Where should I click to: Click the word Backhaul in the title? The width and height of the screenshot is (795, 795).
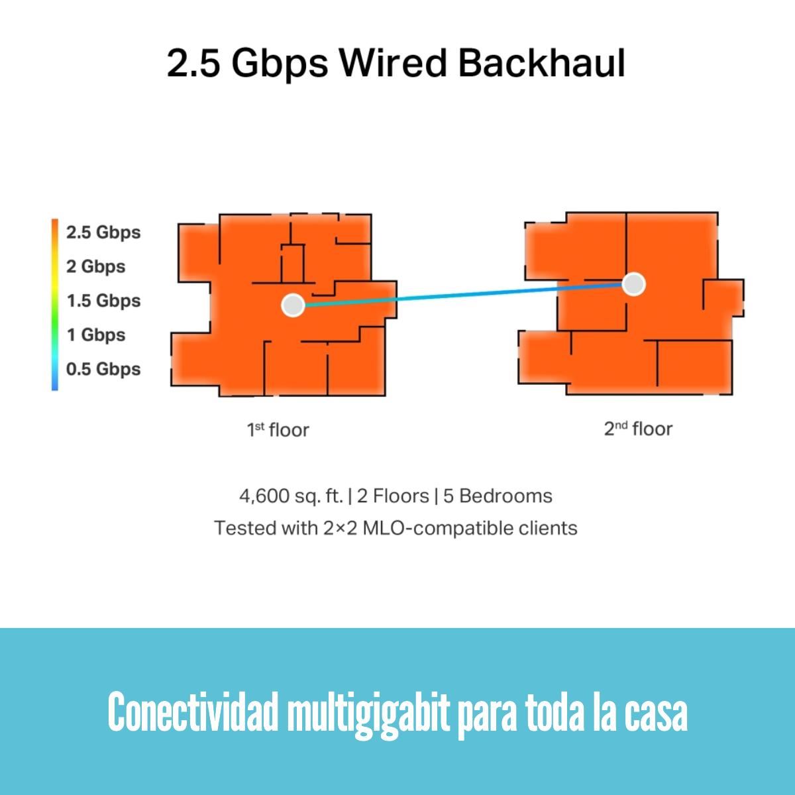(x=542, y=63)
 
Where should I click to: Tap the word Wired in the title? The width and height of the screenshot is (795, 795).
(x=393, y=63)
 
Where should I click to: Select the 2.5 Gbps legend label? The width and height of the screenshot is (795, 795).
(x=103, y=233)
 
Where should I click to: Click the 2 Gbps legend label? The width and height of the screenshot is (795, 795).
(x=95, y=267)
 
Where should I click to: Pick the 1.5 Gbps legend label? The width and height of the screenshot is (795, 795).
(x=103, y=301)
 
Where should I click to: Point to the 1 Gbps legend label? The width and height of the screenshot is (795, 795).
(x=96, y=335)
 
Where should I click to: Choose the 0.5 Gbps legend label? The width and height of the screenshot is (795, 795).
(x=103, y=369)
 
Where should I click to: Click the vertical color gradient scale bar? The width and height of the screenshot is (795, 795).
(x=55, y=305)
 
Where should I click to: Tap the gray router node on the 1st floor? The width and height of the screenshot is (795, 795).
(x=293, y=305)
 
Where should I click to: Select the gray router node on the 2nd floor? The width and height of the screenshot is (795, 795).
(x=634, y=284)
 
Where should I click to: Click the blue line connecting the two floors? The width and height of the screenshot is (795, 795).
(x=463, y=295)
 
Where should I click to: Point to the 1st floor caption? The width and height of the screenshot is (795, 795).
(x=278, y=430)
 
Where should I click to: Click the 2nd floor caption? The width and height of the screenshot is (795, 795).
(x=638, y=429)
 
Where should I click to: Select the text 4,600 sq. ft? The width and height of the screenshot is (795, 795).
(x=291, y=496)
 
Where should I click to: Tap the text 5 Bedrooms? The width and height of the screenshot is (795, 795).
(x=498, y=496)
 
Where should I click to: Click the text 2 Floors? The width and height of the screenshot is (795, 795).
(x=393, y=496)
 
